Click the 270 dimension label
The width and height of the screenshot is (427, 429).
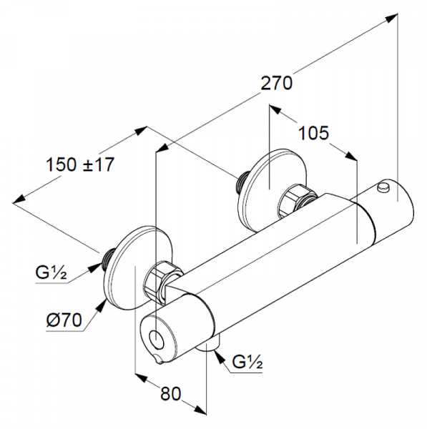point(277,83)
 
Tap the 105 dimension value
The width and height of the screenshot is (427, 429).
point(313,133)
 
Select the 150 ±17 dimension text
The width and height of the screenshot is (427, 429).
point(80,164)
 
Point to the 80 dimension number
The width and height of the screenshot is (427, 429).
point(171,394)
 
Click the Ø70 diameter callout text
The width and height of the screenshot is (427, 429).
point(64,320)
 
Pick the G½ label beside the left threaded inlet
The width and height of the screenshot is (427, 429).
point(51,272)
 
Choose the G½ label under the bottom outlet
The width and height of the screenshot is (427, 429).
point(247,362)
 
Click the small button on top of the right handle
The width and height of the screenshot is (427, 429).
point(383,186)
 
